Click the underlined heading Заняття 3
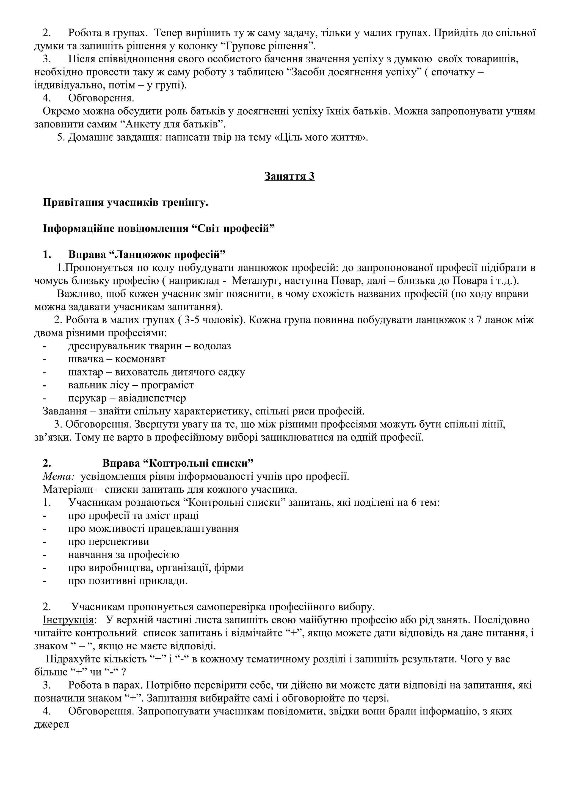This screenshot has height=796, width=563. coord(289,176)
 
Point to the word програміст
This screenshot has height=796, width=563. coord(167,385)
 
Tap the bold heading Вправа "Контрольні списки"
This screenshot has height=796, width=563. coord(178,463)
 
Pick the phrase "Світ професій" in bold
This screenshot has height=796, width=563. coord(233,229)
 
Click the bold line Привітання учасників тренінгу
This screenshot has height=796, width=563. coord(125,202)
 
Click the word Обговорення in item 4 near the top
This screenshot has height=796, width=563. coord(101,98)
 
